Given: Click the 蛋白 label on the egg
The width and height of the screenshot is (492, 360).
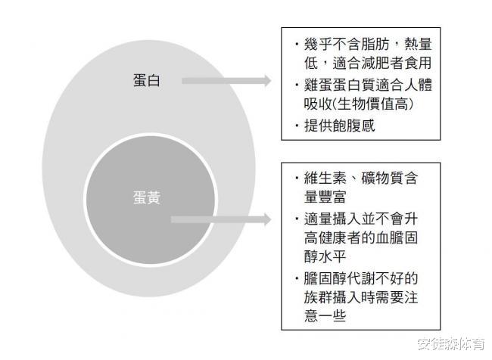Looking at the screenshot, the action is (x=142, y=81).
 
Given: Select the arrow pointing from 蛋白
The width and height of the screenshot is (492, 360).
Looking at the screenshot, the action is (x=226, y=81).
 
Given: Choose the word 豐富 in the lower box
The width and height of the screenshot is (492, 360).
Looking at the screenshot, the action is (x=339, y=199).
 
